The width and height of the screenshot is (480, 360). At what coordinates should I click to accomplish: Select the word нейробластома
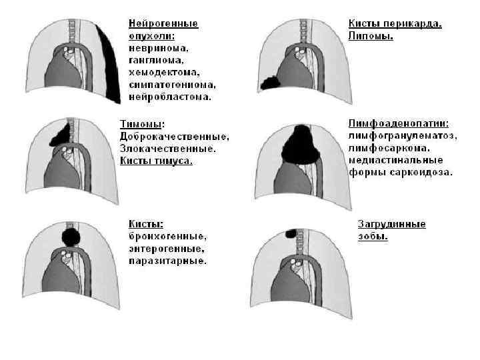coord(170,97)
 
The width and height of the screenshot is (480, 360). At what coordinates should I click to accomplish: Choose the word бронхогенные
coord(168,236)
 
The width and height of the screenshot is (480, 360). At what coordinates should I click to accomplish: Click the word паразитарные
coord(167,261)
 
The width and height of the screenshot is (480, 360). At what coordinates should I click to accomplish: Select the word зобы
coord(373,236)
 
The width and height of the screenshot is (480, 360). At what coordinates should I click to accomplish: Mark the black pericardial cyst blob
coord(271,83)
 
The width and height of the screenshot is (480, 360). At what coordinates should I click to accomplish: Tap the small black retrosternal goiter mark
coord(291,234)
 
